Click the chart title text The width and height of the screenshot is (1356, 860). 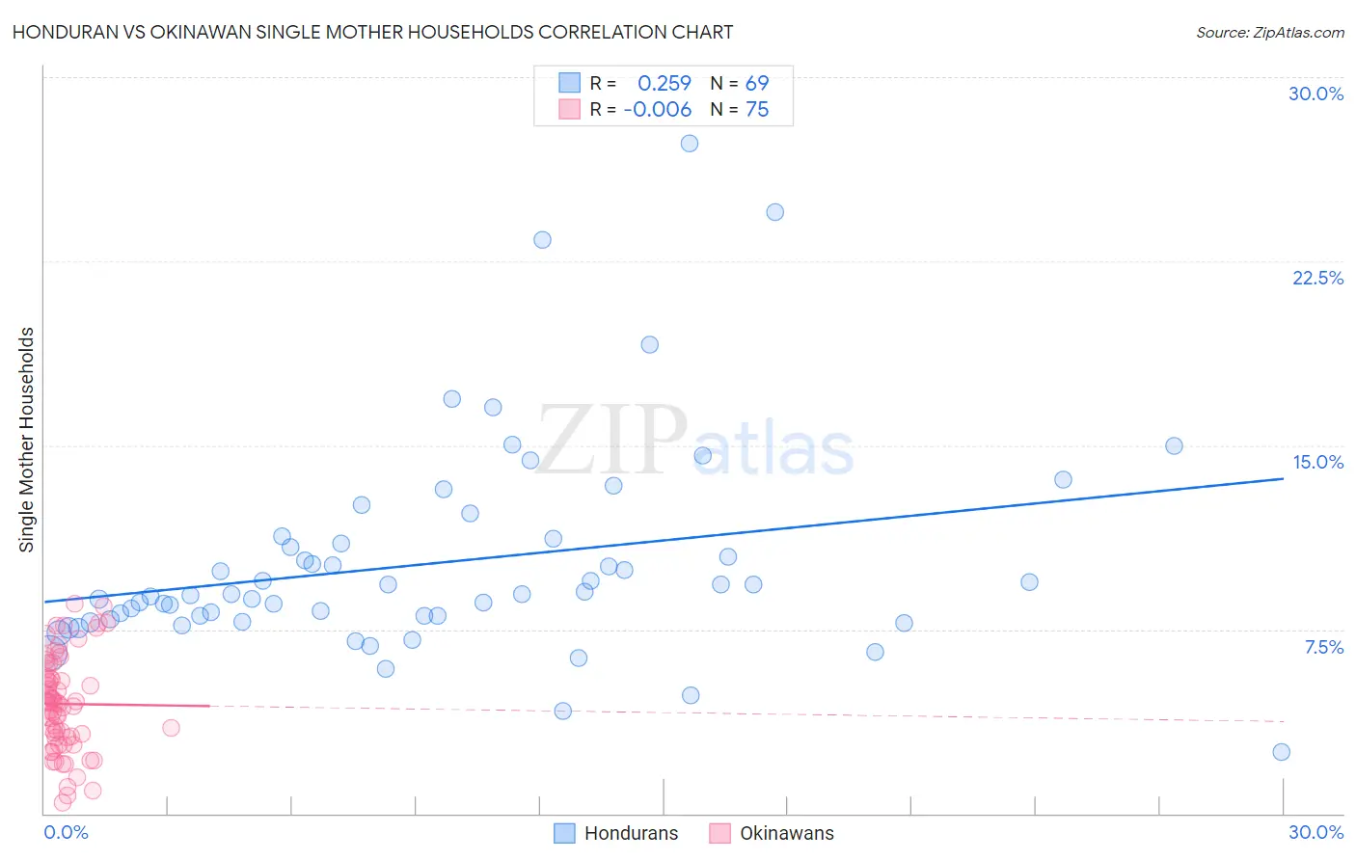pos(372,32)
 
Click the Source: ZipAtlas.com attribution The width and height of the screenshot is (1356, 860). pos(1269,32)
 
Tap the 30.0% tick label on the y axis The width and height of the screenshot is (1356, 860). pos(1315,94)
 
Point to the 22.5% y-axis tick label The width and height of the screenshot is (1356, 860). pos(1317,278)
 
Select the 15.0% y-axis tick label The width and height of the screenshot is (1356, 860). pos(1317,462)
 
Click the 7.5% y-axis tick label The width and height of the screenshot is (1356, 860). pos(1323,647)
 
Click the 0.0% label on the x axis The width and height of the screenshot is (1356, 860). pos(66,832)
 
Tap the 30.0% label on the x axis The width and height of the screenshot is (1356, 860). pos(1315,832)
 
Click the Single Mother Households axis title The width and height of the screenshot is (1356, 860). pos(27,440)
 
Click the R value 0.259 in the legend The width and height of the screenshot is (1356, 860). pos(664,84)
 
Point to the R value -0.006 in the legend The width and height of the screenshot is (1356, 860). pos(658,110)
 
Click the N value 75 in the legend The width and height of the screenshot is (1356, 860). pos(757,110)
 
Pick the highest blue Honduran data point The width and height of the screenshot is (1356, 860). pos(690,144)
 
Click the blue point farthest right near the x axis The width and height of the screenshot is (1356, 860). pos(1281,752)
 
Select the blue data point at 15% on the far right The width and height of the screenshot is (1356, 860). pos(1174,445)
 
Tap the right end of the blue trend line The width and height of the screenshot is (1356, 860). pos(1283,478)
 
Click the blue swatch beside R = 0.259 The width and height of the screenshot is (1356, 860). pos(569,83)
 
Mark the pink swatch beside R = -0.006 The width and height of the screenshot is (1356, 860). pos(569,109)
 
